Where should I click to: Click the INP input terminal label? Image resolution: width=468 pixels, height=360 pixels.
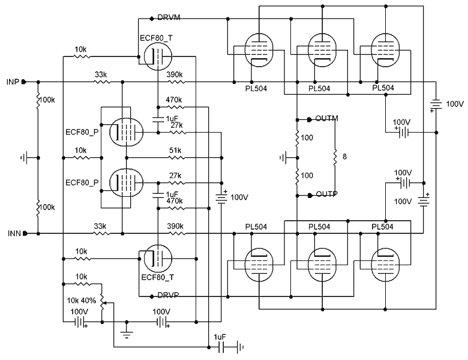tap(12, 81)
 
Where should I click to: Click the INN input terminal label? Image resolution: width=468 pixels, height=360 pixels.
tap(12, 233)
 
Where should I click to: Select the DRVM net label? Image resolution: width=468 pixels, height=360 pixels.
tap(167, 18)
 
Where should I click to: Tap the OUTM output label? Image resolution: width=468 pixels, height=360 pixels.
tap(326, 118)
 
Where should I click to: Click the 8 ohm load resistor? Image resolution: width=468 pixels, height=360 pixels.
tap(335, 157)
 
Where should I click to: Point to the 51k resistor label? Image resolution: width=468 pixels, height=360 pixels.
tap(175, 150)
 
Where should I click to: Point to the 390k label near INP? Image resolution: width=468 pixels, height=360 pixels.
tap(175, 74)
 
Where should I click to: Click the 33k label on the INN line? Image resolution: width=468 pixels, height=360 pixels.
tap(101, 226)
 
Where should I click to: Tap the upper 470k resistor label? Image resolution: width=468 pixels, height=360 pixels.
tap(174, 100)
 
